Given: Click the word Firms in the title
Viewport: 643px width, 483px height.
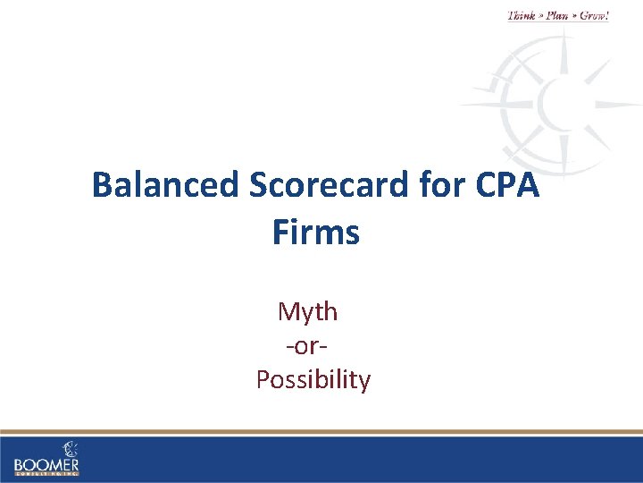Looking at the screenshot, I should click(x=315, y=233).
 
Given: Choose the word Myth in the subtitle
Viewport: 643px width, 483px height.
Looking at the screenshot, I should click(x=307, y=311).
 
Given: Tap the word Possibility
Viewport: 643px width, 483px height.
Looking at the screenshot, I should click(x=313, y=380).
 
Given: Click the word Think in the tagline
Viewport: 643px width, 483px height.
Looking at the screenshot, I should click(x=523, y=15).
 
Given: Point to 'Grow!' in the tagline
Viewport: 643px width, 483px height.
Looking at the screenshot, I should click(x=594, y=15).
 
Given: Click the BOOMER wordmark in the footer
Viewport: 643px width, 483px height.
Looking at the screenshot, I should click(x=46, y=465).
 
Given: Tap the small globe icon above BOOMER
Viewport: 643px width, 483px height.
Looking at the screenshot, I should click(x=70, y=448).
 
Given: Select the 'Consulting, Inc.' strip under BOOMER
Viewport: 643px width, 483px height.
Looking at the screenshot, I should click(x=46, y=475).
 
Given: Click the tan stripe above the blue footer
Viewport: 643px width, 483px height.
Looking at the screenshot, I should click(x=321, y=432).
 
